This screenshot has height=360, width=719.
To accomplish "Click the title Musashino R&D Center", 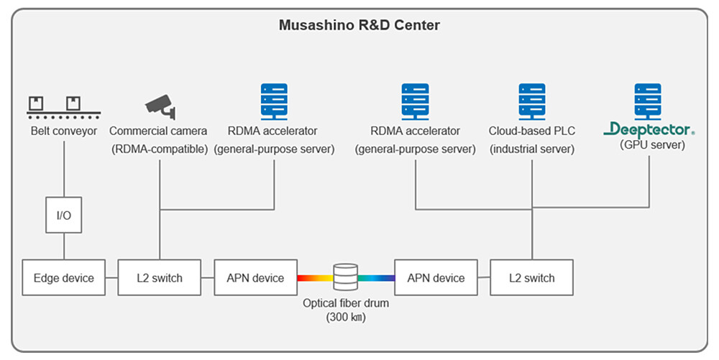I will pyautogui.click(x=359, y=25).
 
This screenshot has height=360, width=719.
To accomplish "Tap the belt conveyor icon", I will pyautogui.click(x=64, y=106).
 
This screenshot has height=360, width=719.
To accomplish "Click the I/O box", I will pyautogui.click(x=64, y=216).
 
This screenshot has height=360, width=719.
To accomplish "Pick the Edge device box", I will pyautogui.click(x=64, y=277).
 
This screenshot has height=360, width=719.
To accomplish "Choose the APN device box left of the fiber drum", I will pyautogui.click(x=255, y=277).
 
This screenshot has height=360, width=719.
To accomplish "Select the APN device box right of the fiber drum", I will pyautogui.click(x=436, y=277).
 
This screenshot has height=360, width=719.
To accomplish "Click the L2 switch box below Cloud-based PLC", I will pyautogui.click(x=532, y=277).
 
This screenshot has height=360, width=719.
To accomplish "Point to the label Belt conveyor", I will pyautogui.click(x=64, y=131).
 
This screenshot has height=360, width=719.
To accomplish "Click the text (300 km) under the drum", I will pyautogui.click(x=345, y=317).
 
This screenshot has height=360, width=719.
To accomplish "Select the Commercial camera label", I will pyautogui.click(x=158, y=131).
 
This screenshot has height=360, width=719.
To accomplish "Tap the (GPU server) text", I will pyautogui.click(x=652, y=144).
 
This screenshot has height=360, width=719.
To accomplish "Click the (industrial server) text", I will pyautogui.click(x=531, y=149).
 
